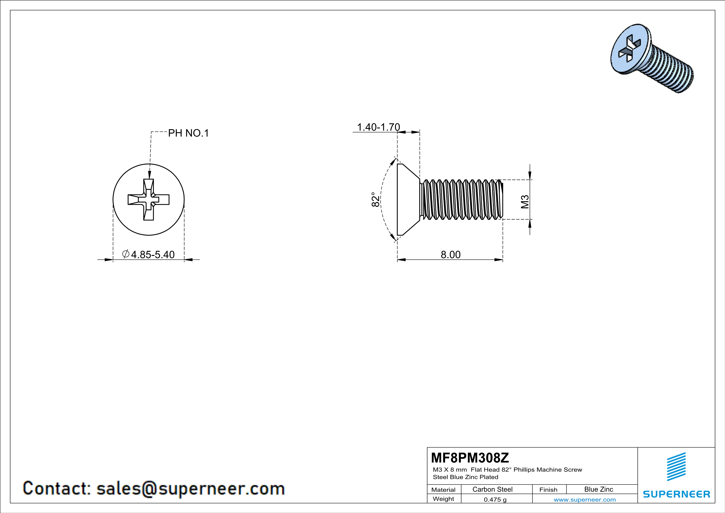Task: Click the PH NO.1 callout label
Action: (x=188, y=133)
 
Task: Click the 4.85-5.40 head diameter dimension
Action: (x=153, y=255)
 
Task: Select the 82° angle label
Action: (x=375, y=199)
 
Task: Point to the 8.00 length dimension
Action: (x=451, y=255)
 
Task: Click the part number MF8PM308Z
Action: (x=470, y=457)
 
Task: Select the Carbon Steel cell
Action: (x=492, y=489)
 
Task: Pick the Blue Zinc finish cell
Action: (x=598, y=489)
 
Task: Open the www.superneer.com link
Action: (x=584, y=499)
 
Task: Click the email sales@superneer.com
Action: (x=190, y=488)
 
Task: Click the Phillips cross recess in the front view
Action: (x=148, y=200)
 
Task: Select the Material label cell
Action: (x=443, y=490)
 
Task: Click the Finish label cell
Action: (x=548, y=490)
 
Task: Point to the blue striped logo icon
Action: (x=676, y=467)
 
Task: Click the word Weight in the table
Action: (x=443, y=499)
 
